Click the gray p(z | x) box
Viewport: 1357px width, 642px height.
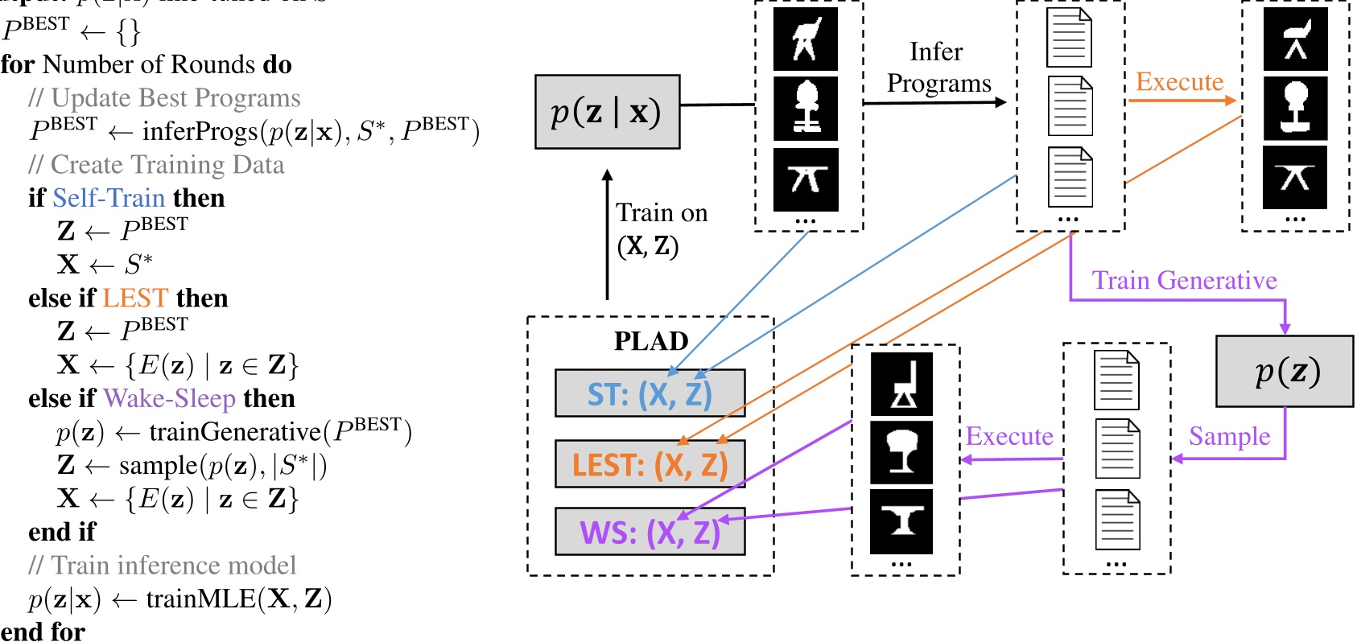pyautogui.click(x=607, y=112)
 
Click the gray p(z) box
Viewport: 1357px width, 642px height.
pyautogui.click(x=1285, y=371)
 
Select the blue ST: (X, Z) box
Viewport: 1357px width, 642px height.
pyautogui.click(x=650, y=393)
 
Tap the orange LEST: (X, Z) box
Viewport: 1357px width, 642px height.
pyautogui.click(x=650, y=464)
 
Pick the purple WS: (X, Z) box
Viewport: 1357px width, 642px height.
pyautogui.click(x=650, y=532)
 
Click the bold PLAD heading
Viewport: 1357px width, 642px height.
pyautogui.click(x=650, y=341)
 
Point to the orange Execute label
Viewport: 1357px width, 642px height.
pyautogui.click(x=1179, y=82)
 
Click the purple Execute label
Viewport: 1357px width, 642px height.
pyautogui.click(x=1009, y=436)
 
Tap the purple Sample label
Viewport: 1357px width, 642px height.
pyautogui.click(x=1229, y=436)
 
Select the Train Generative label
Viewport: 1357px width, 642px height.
pyautogui.click(x=1184, y=280)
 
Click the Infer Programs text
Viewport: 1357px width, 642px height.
pyautogui.click(x=938, y=68)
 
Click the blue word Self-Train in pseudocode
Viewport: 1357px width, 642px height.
pyautogui.click(x=109, y=198)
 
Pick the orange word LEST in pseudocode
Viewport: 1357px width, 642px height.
pyautogui.click(x=135, y=298)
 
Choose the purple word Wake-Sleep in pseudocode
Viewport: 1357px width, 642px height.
pyautogui.click(x=169, y=398)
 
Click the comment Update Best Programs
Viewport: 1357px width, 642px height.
pyautogui.click(x=175, y=98)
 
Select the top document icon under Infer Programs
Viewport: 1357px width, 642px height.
pyautogui.click(x=1069, y=38)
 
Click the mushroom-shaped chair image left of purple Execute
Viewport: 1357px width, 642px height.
pyautogui.click(x=901, y=451)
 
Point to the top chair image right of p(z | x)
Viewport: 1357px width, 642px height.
pyautogui.click(x=805, y=39)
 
